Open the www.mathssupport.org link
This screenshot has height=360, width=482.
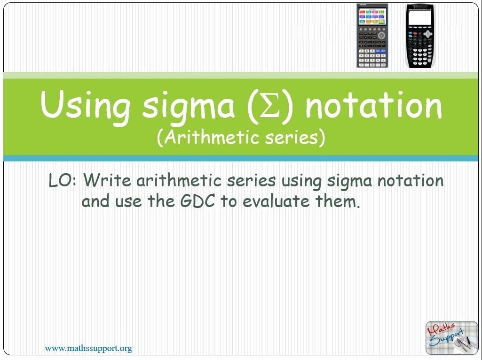(x=88, y=349)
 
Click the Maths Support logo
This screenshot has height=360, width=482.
(x=451, y=337)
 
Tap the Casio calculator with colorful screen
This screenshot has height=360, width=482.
(x=372, y=36)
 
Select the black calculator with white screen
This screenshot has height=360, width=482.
(x=420, y=36)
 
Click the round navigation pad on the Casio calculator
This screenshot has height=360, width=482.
(x=381, y=35)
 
